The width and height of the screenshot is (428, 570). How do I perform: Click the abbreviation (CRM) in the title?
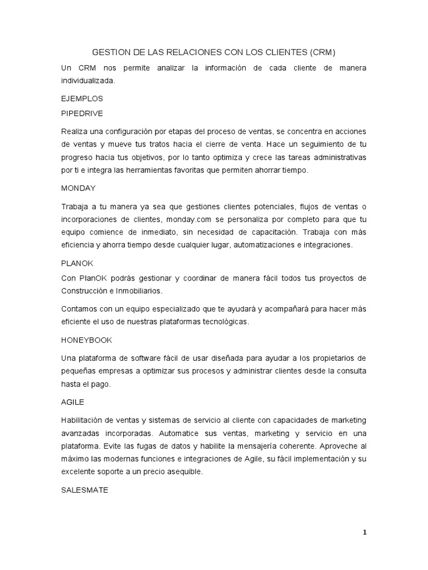322,52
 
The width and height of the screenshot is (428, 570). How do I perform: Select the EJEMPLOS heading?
82,98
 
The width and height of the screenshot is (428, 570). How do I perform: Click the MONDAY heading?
78,188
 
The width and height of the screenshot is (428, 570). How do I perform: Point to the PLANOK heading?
77,264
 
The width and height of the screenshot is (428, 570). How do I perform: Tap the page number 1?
365,532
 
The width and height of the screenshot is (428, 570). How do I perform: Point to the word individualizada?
89,80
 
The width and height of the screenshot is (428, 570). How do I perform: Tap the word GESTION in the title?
111,52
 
